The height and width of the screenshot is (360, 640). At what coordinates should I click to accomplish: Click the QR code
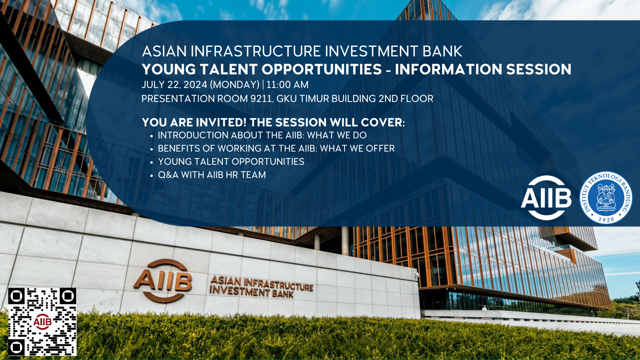[x=42, y=322]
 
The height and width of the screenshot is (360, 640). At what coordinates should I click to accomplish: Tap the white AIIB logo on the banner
[x=546, y=198]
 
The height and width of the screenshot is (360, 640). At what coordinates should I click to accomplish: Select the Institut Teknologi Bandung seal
[x=606, y=198]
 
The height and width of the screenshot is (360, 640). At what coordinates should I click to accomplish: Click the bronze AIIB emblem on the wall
[x=162, y=280]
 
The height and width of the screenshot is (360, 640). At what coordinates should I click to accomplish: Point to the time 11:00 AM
[x=288, y=85]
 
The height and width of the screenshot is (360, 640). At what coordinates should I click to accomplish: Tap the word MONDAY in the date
[x=234, y=85]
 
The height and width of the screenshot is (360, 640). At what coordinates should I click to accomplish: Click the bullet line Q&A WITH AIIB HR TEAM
[x=212, y=175]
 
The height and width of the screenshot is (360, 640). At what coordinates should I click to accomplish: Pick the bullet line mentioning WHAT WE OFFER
[x=276, y=148]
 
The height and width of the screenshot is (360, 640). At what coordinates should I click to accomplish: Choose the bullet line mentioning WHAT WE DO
[x=262, y=136]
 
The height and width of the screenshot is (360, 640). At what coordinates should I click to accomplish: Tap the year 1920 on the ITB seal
[x=606, y=220]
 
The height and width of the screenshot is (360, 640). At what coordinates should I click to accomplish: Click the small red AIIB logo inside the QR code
[x=42, y=322]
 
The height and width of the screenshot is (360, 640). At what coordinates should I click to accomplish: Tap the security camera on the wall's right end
[x=416, y=274]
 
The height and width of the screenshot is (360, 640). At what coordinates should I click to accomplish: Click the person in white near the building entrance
[x=484, y=308]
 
